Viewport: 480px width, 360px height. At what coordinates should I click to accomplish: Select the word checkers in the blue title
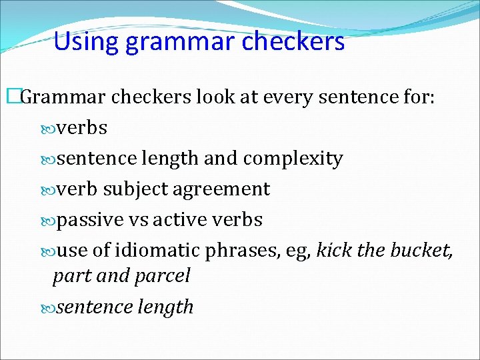click(x=293, y=41)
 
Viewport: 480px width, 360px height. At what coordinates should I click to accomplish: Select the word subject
click(x=135, y=189)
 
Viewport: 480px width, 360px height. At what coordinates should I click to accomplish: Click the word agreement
click(x=221, y=190)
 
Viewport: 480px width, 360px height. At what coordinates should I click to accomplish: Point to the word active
click(x=177, y=219)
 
